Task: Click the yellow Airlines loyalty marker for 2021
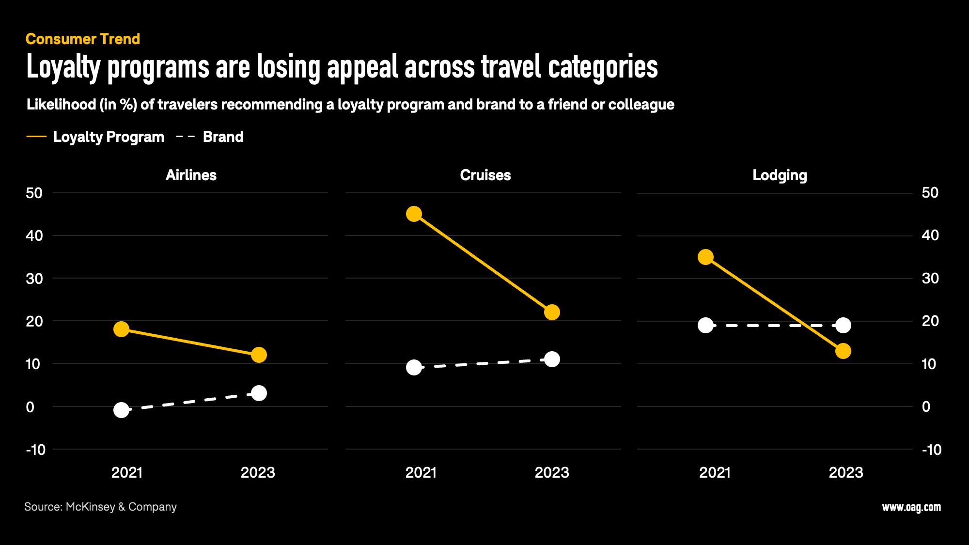pos(121,329)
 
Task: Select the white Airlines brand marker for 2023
pos(259,393)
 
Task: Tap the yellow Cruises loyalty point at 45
pos(414,214)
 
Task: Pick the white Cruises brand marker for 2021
pos(414,368)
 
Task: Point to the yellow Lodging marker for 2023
pos(843,351)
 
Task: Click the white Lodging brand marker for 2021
pos(705,326)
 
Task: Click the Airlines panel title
pos(191,175)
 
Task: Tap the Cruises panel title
pos(485,175)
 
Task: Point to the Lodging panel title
pos(780,175)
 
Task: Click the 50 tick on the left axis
pos(34,193)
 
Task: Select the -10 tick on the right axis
pos(931,450)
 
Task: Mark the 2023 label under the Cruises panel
pos(552,472)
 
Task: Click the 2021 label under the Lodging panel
pos(715,472)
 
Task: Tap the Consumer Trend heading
pos(83,39)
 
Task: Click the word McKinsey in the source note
pos(90,507)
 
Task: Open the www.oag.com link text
pos(911,507)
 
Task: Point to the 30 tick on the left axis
pos(34,279)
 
